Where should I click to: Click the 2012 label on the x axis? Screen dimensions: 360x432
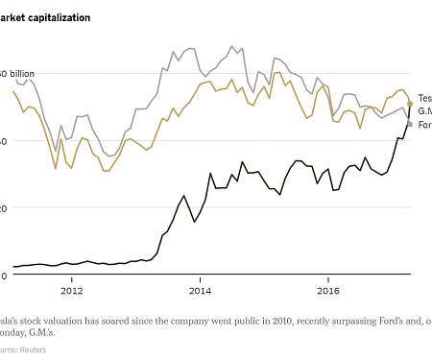[71, 289]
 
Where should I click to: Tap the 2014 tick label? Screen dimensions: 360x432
[200, 289]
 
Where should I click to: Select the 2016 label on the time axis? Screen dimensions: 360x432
[328, 289]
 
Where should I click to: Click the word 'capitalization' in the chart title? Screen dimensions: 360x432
[61, 17]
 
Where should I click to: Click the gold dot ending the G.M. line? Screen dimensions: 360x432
[410, 103]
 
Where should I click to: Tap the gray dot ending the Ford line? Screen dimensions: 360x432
[410, 124]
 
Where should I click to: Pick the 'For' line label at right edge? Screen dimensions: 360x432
[424, 125]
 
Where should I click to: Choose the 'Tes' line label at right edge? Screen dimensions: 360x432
[424, 97]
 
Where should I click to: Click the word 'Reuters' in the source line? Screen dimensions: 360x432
[31, 349]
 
